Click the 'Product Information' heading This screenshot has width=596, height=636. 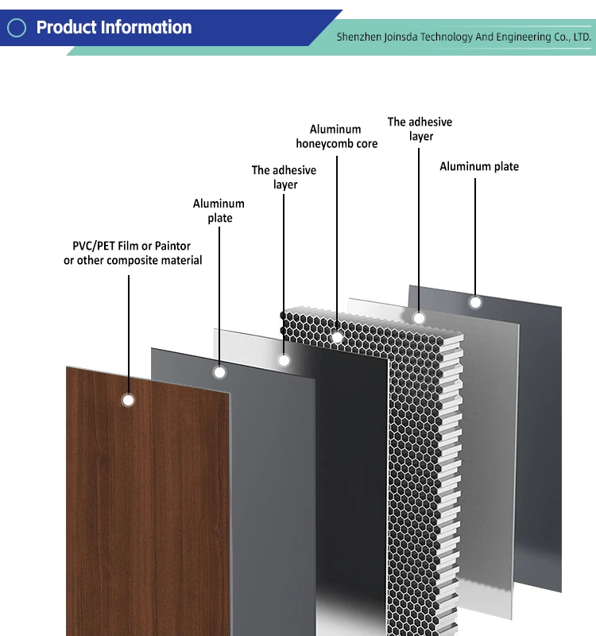pyautogui.click(x=114, y=27)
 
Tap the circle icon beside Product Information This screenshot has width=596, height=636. pyautogui.click(x=17, y=28)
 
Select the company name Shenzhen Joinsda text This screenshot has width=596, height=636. pyautogui.click(x=463, y=37)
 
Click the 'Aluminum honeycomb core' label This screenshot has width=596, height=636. pyautogui.click(x=336, y=136)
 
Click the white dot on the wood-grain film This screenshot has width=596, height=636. pyautogui.click(x=128, y=400)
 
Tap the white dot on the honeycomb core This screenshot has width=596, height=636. pyautogui.click(x=337, y=338)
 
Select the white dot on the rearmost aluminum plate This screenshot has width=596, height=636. pyautogui.click(x=475, y=302)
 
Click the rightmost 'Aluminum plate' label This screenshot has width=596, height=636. pyautogui.click(x=479, y=166)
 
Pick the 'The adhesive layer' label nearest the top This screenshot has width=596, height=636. pyautogui.click(x=420, y=129)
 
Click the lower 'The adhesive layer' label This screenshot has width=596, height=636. pyautogui.click(x=284, y=177)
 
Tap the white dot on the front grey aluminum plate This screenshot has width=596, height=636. pyautogui.click(x=220, y=371)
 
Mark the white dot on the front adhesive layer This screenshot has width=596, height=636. pyautogui.click(x=284, y=360)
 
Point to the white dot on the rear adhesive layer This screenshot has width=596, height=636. pyautogui.click(x=420, y=319)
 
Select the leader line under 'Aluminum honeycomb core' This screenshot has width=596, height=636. pyautogui.click(x=337, y=238)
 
